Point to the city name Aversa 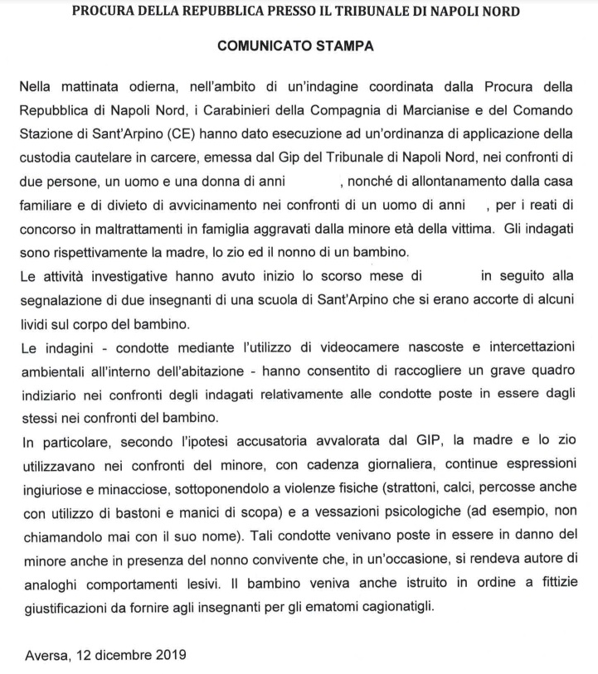coord(46,654)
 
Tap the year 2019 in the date coord(171,654)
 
